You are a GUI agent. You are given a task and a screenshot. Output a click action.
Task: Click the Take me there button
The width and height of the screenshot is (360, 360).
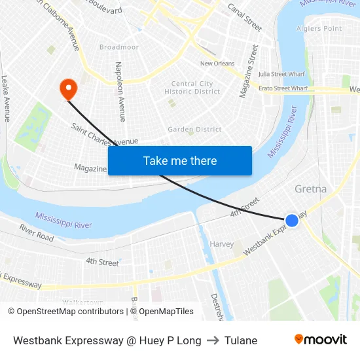point(180,160)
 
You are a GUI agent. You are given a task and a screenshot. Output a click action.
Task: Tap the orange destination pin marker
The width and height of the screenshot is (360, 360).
point(68,89)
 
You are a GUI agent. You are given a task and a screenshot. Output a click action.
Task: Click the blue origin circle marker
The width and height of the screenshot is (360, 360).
point(292,221)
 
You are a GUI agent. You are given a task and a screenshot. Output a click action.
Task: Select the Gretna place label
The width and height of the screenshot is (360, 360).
point(310,189)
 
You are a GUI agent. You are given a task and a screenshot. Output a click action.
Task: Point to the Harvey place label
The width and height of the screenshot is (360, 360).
point(221,244)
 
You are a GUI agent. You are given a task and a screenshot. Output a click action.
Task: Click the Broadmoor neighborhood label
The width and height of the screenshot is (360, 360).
point(119,47)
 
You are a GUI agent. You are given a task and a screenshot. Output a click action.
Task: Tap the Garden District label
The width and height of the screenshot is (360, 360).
point(194,130)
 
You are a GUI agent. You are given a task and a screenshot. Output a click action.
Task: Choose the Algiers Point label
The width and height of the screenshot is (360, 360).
point(319,28)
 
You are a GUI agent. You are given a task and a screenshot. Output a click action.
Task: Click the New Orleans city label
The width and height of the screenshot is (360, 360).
point(217,63)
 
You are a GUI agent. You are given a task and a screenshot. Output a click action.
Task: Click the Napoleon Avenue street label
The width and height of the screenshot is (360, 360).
point(120,92)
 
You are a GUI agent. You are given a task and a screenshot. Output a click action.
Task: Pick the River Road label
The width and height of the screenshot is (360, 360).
point(37,232)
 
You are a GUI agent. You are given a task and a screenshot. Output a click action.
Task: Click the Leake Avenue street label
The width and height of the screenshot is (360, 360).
point(6,98)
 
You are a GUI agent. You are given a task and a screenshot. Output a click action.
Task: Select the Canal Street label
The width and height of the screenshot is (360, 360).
point(245,18)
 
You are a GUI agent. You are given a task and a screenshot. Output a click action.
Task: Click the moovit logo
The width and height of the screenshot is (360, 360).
point(320,339)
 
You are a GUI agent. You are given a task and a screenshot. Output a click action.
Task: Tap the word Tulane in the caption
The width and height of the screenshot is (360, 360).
point(241,340)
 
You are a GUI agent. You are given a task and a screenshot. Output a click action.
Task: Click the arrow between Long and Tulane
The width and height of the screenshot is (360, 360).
point(213,340)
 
